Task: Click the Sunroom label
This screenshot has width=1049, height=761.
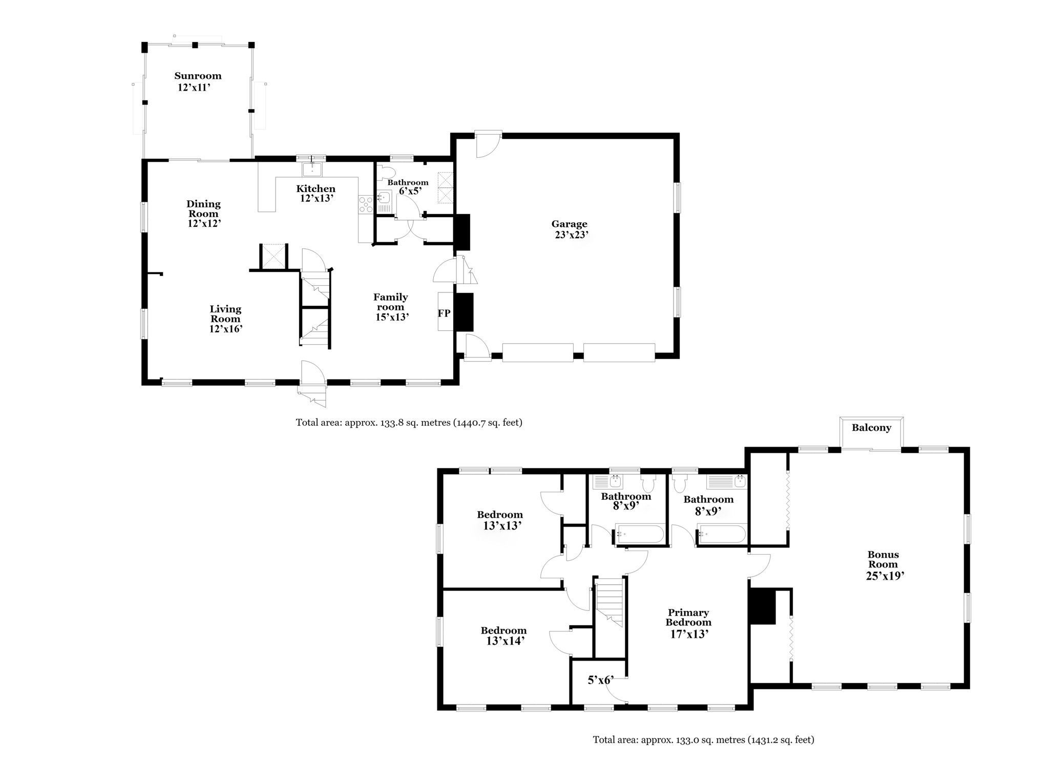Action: (x=198, y=76)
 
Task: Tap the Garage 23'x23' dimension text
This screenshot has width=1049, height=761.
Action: (x=572, y=235)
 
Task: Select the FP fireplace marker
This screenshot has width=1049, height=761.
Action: (x=444, y=313)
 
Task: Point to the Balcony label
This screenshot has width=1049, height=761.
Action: (x=871, y=428)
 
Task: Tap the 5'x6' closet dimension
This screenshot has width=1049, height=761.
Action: (x=600, y=680)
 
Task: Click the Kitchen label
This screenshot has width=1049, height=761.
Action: (x=316, y=188)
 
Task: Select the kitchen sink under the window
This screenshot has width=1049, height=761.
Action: (x=312, y=169)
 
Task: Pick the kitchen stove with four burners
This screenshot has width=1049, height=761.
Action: (x=366, y=204)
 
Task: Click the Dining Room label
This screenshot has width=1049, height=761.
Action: (x=203, y=209)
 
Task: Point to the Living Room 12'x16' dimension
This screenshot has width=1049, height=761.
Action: (x=226, y=329)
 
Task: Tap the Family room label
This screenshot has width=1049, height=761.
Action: (x=391, y=302)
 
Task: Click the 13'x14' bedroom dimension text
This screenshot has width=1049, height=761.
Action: (x=506, y=640)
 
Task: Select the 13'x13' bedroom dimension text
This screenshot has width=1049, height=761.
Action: (x=502, y=525)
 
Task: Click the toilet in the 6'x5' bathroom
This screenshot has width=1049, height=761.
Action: (x=387, y=171)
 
